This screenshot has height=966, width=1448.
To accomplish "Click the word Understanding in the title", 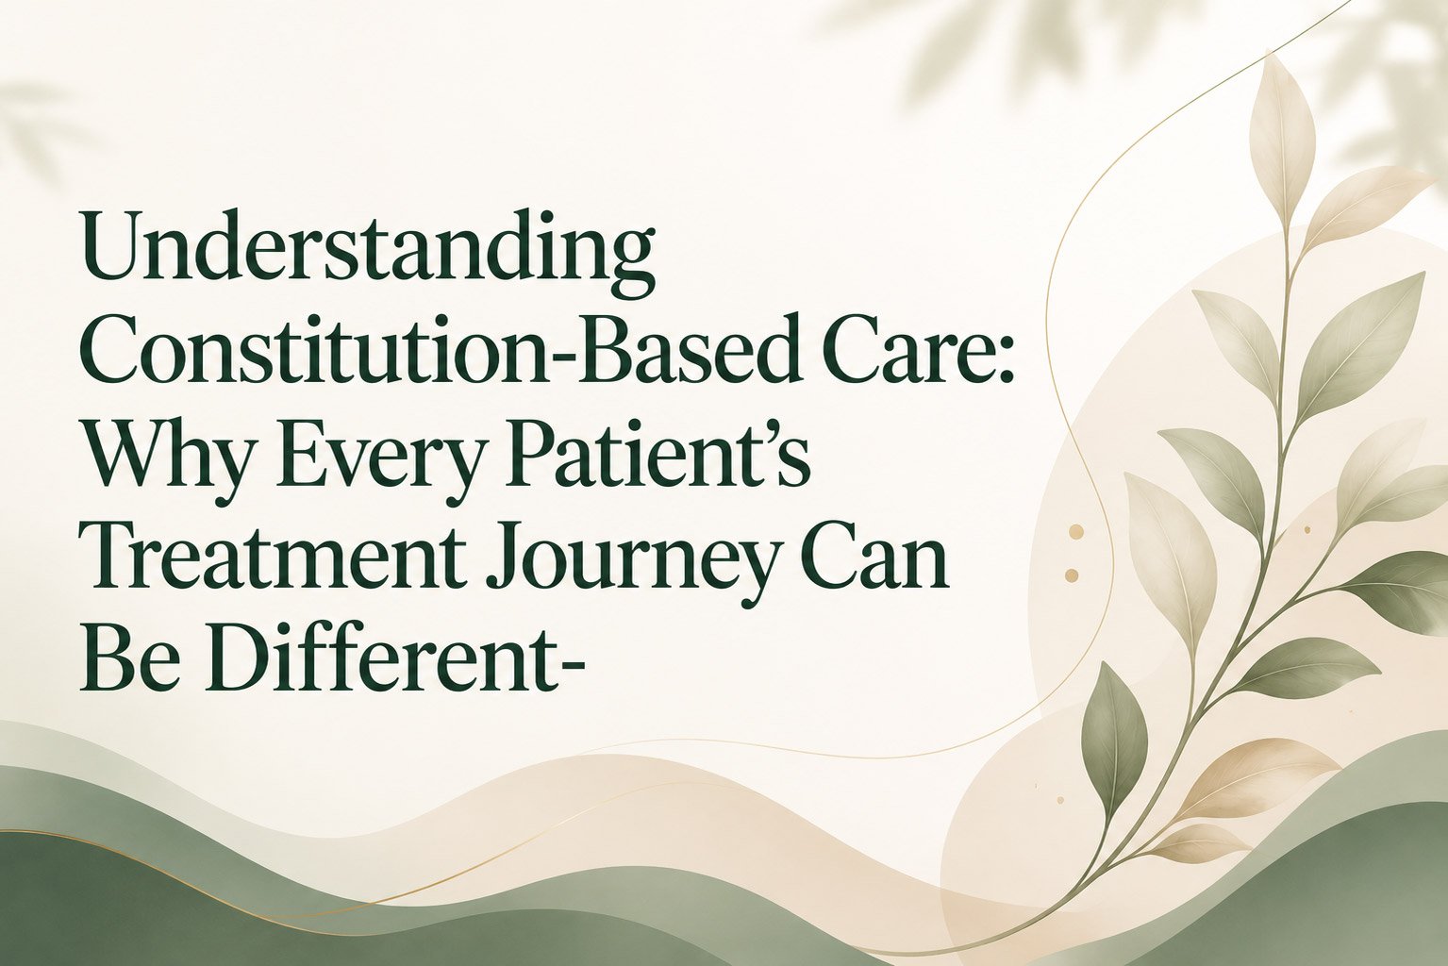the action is pyautogui.click(x=367, y=253).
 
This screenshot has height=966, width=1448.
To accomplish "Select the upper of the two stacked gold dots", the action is pyautogui.click(x=1076, y=532).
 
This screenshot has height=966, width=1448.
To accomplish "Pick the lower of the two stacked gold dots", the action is pyautogui.click(x=1071, y=575).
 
